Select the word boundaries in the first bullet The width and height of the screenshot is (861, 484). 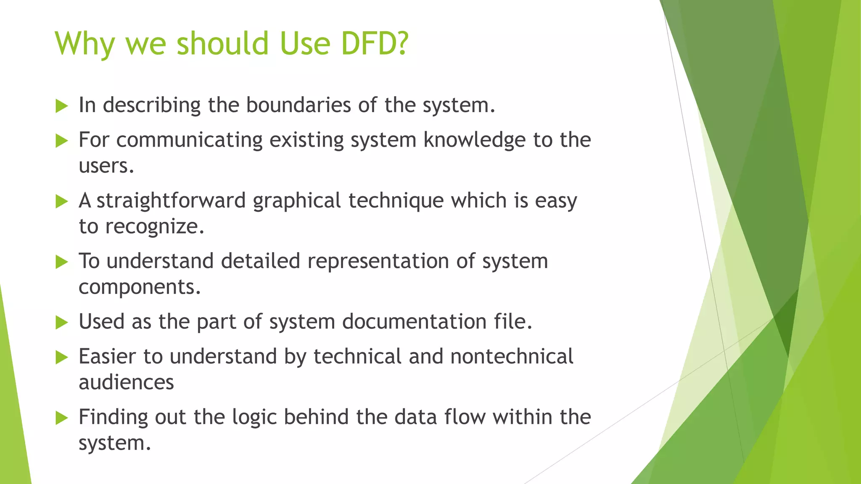coord(298,105)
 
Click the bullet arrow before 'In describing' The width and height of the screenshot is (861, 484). coord(61,106)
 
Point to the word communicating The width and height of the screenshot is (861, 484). coord(189,140)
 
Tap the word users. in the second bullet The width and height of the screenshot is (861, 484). coord(106,166)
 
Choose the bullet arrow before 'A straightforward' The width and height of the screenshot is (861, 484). coord(61,201)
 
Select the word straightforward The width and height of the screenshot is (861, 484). coord(171,201)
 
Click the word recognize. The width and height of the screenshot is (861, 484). coord(154,227)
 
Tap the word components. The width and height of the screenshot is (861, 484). coord(140,287)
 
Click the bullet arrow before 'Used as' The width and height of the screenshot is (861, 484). coord(61,323)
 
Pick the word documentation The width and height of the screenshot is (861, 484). coord(414,322)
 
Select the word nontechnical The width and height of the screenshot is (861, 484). coord(512,357)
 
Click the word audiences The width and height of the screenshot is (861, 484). coord(126,383)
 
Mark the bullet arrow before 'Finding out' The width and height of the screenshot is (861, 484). coord(61,418)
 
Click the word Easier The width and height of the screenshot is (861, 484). coord(108,357)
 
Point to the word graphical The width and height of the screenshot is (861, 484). coord(297,201)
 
